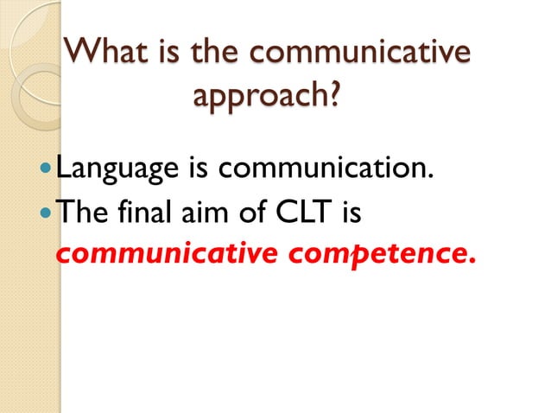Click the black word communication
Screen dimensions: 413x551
(322, 165)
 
